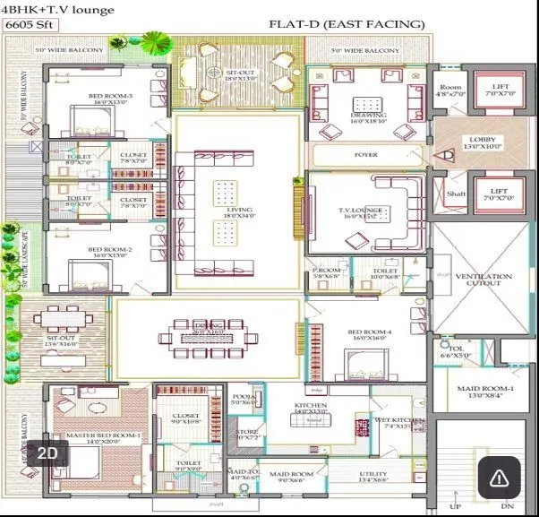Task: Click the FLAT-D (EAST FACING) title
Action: (346, 24)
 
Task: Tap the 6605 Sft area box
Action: (26, 26)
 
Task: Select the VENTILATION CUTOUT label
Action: (483, 281)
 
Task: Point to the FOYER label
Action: (365, 155)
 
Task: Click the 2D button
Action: (47, 453)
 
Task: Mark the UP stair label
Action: (455, 507)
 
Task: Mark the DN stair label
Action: (508, 507)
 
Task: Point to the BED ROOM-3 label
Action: (110, 98)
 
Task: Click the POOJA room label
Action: (242, 399)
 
